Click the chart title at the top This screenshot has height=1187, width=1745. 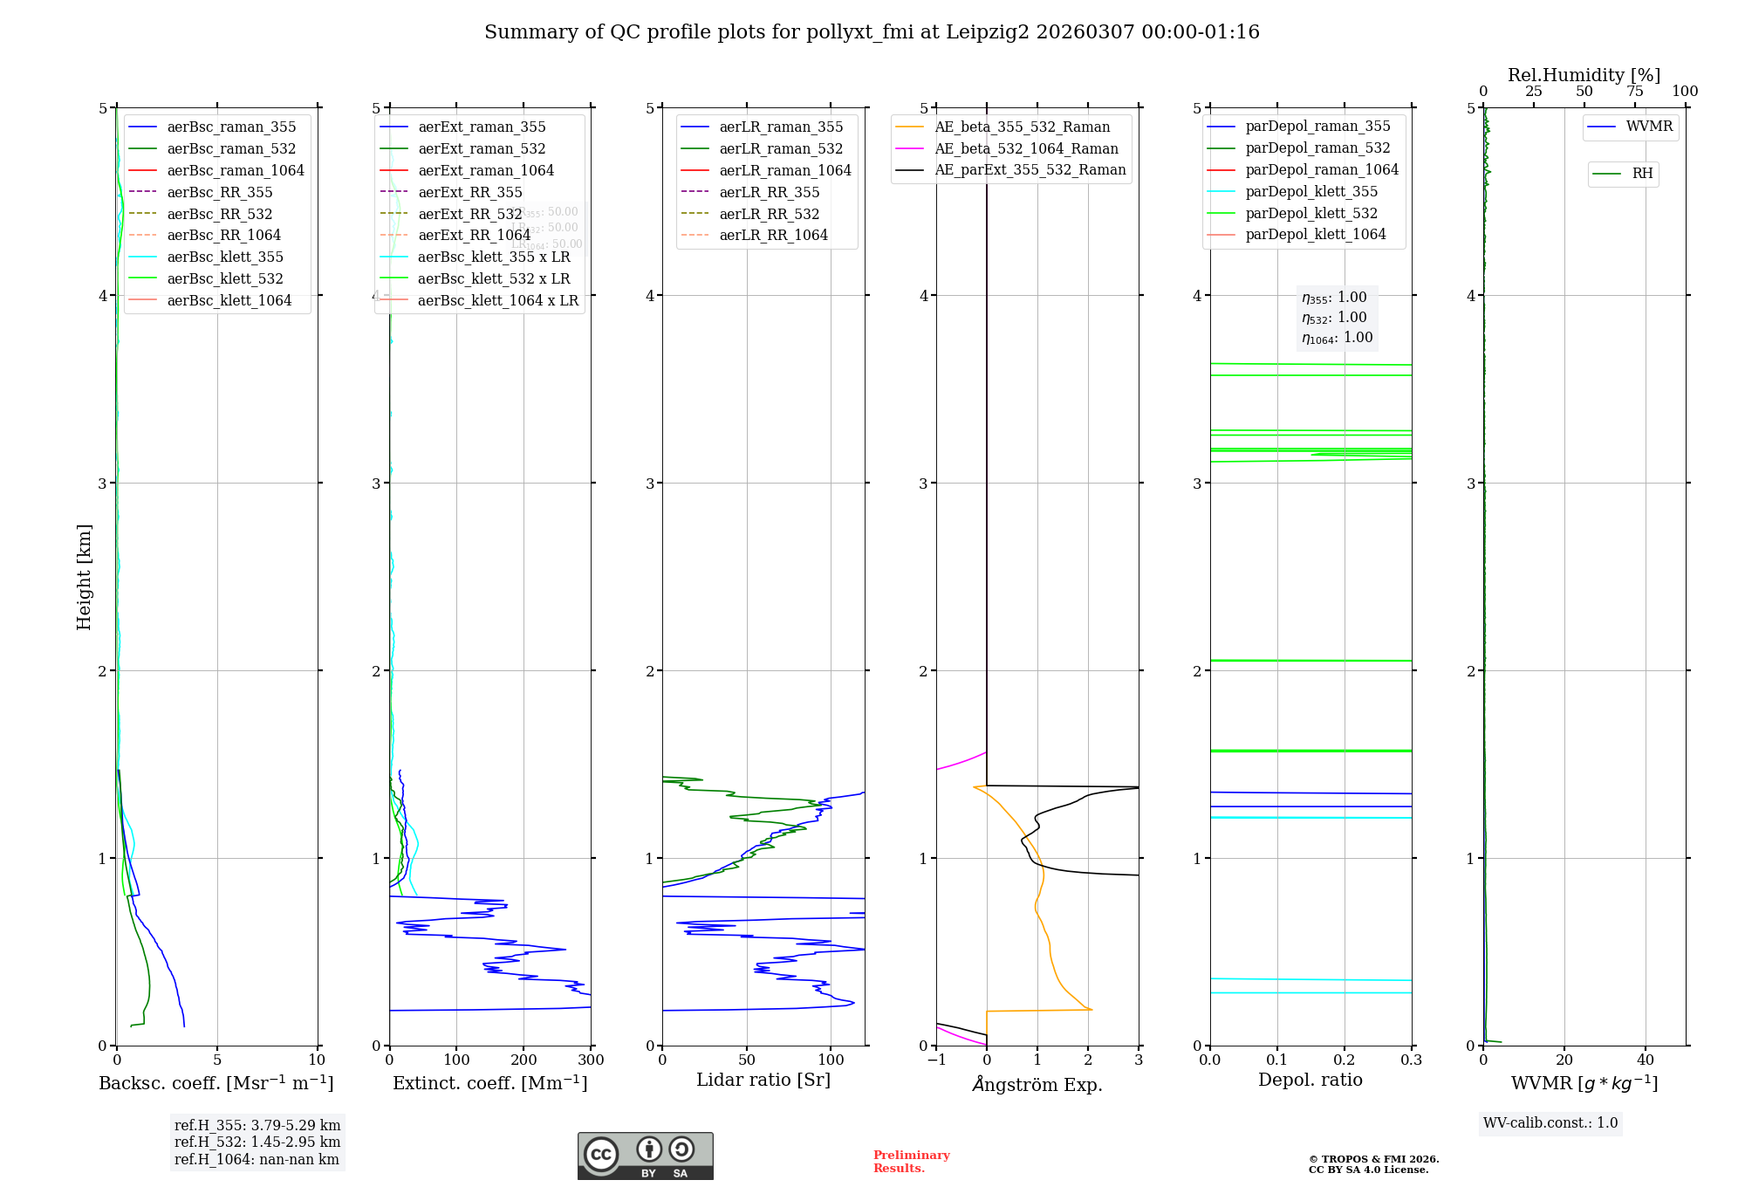(872, 32)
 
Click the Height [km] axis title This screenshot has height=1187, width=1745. (84, 577)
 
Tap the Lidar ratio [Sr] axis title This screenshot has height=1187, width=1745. (763, 1080)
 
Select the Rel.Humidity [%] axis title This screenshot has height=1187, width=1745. (1584, 75)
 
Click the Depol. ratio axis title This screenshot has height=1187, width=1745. (1310, 1080)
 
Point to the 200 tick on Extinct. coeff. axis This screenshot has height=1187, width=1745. (523, 1060)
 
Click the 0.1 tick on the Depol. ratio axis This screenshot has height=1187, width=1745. (1276, 1060)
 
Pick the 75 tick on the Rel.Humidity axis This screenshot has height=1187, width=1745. (1634, 92)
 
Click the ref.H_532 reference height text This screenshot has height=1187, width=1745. (257, 1142)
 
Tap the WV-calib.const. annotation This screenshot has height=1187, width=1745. (1550, 1123)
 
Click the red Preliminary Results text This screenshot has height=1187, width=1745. (911, 1162)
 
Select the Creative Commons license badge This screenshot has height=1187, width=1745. (645, 1156)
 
